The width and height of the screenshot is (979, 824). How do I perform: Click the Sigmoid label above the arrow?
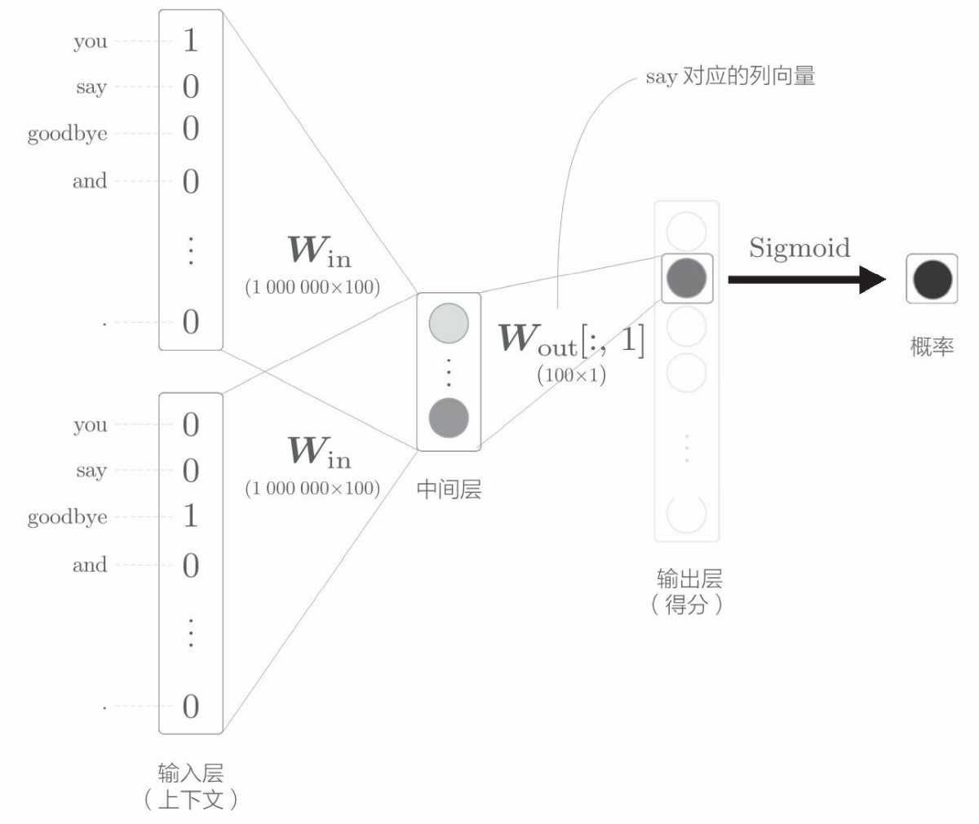799,248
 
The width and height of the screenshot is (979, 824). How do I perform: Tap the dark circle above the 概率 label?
932,280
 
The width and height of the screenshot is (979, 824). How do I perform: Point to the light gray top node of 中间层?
448,323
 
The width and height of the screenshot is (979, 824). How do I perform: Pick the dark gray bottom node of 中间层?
448,419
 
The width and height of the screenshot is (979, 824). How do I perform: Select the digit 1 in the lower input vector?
190,516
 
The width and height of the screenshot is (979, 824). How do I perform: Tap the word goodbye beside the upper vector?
67,135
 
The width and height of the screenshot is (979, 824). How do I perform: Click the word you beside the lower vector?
90,425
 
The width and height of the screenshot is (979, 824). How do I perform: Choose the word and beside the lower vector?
90,565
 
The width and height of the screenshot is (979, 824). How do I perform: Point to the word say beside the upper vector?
91,87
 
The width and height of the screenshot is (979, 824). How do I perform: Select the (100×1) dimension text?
571,376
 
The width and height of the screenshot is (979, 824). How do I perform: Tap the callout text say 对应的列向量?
730,78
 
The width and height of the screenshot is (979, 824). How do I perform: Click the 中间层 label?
448,490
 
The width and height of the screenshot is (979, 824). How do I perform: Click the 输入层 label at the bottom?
190,773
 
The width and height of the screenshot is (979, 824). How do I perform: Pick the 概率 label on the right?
932,346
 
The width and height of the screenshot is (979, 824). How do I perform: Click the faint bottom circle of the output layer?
686,512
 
